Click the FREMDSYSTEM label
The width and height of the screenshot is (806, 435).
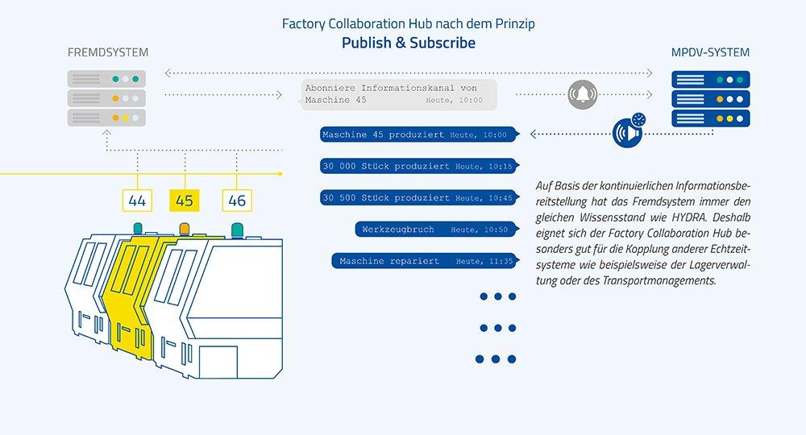pos(108,53)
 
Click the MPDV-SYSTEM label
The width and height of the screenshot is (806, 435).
pos(710,53)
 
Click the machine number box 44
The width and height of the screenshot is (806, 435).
pos(137,200)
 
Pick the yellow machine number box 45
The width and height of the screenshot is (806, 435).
pos(185,200)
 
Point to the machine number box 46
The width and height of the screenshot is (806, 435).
pos(237,200)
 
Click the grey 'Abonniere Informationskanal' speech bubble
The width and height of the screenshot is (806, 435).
pos(397,94)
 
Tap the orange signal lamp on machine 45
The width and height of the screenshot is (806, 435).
pos(185,228)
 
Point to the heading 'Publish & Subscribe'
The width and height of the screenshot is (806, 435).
pos(408,43)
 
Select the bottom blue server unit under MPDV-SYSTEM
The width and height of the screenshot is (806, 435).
pos(711,118)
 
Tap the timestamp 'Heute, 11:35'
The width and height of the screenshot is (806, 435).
pos(484,261)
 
